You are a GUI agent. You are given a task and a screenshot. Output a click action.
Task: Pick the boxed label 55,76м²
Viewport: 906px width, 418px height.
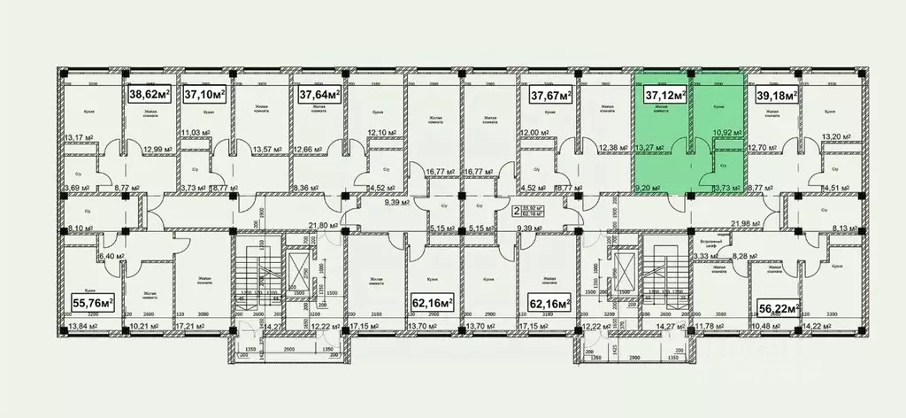click(92, 304)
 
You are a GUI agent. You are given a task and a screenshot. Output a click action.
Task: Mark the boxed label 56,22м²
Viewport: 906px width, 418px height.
click(779, 307)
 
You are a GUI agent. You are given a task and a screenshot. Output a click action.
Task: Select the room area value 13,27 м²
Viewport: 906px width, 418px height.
click(650, 148)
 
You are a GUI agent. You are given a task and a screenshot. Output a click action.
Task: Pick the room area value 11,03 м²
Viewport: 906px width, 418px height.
click(197, 134)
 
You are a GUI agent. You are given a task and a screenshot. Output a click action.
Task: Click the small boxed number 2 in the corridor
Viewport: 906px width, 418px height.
click(516, 212)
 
